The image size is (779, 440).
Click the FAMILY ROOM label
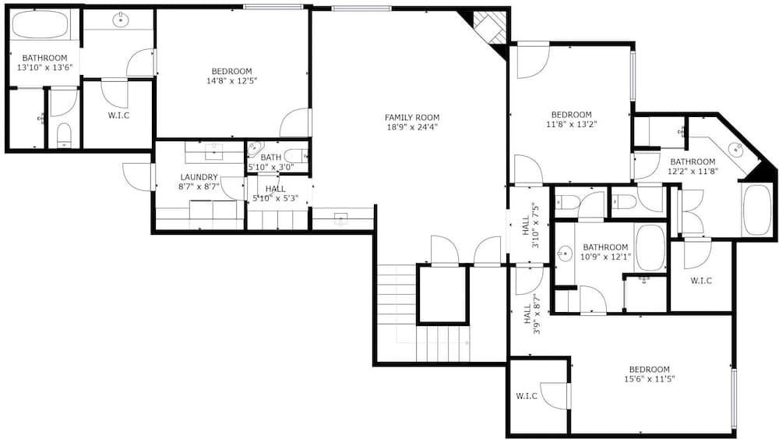412,118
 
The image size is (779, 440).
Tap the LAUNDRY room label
199,177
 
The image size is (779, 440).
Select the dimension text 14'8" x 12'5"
231,80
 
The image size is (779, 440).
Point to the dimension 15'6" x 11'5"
650,379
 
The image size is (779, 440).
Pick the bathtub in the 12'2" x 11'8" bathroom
756,210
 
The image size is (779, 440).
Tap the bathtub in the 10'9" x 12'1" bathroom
650,247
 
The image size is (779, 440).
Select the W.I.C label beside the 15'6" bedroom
526,396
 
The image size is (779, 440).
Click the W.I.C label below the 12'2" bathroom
701,281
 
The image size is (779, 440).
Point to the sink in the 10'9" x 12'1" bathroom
565,254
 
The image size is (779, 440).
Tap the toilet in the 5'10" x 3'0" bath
296,156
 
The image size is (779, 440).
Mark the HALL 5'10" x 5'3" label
275,193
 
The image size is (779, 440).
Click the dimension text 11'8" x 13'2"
571,124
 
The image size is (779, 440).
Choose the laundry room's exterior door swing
137,176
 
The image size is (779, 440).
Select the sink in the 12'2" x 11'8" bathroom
735,149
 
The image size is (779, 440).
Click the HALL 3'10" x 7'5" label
530,225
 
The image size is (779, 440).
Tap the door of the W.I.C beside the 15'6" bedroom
555,396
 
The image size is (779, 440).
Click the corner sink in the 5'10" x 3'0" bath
254,147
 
